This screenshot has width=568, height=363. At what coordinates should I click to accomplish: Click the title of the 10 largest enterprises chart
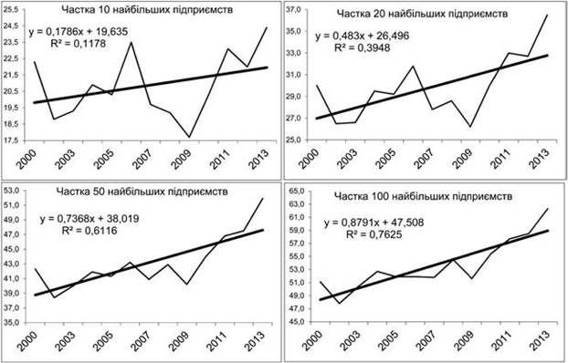point(147,10)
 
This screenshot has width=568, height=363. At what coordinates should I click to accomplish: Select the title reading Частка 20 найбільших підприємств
point(422,14)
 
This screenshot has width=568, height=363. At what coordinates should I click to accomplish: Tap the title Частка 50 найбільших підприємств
point(142,192)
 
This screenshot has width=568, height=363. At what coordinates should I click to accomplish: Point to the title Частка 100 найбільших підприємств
point(423,196)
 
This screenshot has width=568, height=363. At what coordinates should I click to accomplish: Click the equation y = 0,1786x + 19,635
point(79,32)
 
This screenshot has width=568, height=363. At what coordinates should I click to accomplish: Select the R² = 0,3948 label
point(362,47)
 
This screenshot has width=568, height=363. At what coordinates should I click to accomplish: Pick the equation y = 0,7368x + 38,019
point(89,219)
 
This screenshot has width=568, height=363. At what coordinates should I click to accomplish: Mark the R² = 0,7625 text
point(373,234)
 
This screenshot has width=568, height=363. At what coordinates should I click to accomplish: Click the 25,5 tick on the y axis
point(11,10)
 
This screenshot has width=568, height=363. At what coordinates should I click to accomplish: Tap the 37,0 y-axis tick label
point(293,10)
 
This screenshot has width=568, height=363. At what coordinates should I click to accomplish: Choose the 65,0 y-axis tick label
point(294,191)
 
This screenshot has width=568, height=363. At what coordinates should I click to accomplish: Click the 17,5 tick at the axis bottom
point(11,140)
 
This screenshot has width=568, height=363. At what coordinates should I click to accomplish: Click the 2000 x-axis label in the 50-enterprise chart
point(26,340)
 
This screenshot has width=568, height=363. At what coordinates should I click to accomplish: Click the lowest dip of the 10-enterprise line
point(189,137)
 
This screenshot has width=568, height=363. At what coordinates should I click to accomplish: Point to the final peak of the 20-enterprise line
point(547,15)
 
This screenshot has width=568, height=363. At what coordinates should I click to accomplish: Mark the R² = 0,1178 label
point(78,44)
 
